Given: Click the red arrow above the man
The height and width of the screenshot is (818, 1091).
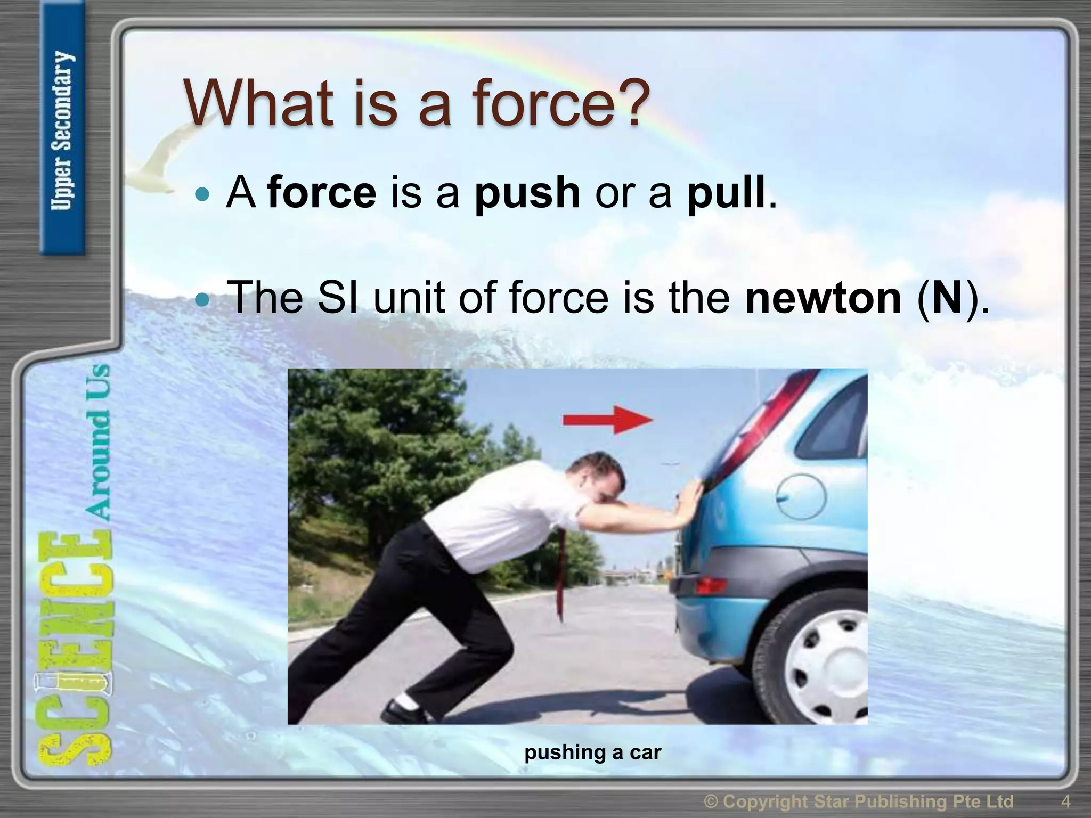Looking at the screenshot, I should click(607, 420).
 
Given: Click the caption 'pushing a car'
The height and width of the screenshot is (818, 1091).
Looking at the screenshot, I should click(592, 752).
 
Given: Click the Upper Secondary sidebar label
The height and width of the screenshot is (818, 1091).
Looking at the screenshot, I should click(63, 130).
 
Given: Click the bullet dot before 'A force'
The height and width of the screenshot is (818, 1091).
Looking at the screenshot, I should click(203, 194).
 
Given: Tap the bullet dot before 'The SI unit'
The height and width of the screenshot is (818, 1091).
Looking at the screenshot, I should click(203, 299).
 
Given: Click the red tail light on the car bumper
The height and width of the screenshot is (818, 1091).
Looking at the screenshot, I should click(711, 586).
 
